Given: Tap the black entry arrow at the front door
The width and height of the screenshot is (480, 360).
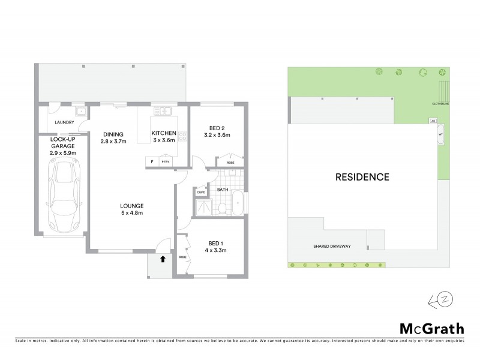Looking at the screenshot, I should [163, 259].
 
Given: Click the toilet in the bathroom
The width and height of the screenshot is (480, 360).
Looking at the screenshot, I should [222, 208].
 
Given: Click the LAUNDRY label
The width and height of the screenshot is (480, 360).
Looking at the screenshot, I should [64, 122].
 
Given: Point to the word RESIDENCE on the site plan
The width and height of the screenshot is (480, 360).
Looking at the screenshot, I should [362, 177].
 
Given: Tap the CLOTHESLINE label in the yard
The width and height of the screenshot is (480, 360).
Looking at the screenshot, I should [440, 104].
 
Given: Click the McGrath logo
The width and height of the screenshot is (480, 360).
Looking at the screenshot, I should [432, 328].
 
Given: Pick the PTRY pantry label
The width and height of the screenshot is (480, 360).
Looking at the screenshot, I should [165, 162].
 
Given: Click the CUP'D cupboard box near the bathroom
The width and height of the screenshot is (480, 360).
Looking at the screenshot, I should [202, 192].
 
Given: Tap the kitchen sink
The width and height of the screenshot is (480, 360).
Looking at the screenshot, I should [163, 112].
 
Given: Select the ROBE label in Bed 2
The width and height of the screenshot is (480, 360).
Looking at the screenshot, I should [230, 163].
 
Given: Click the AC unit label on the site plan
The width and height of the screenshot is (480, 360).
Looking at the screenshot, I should [433, 121].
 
